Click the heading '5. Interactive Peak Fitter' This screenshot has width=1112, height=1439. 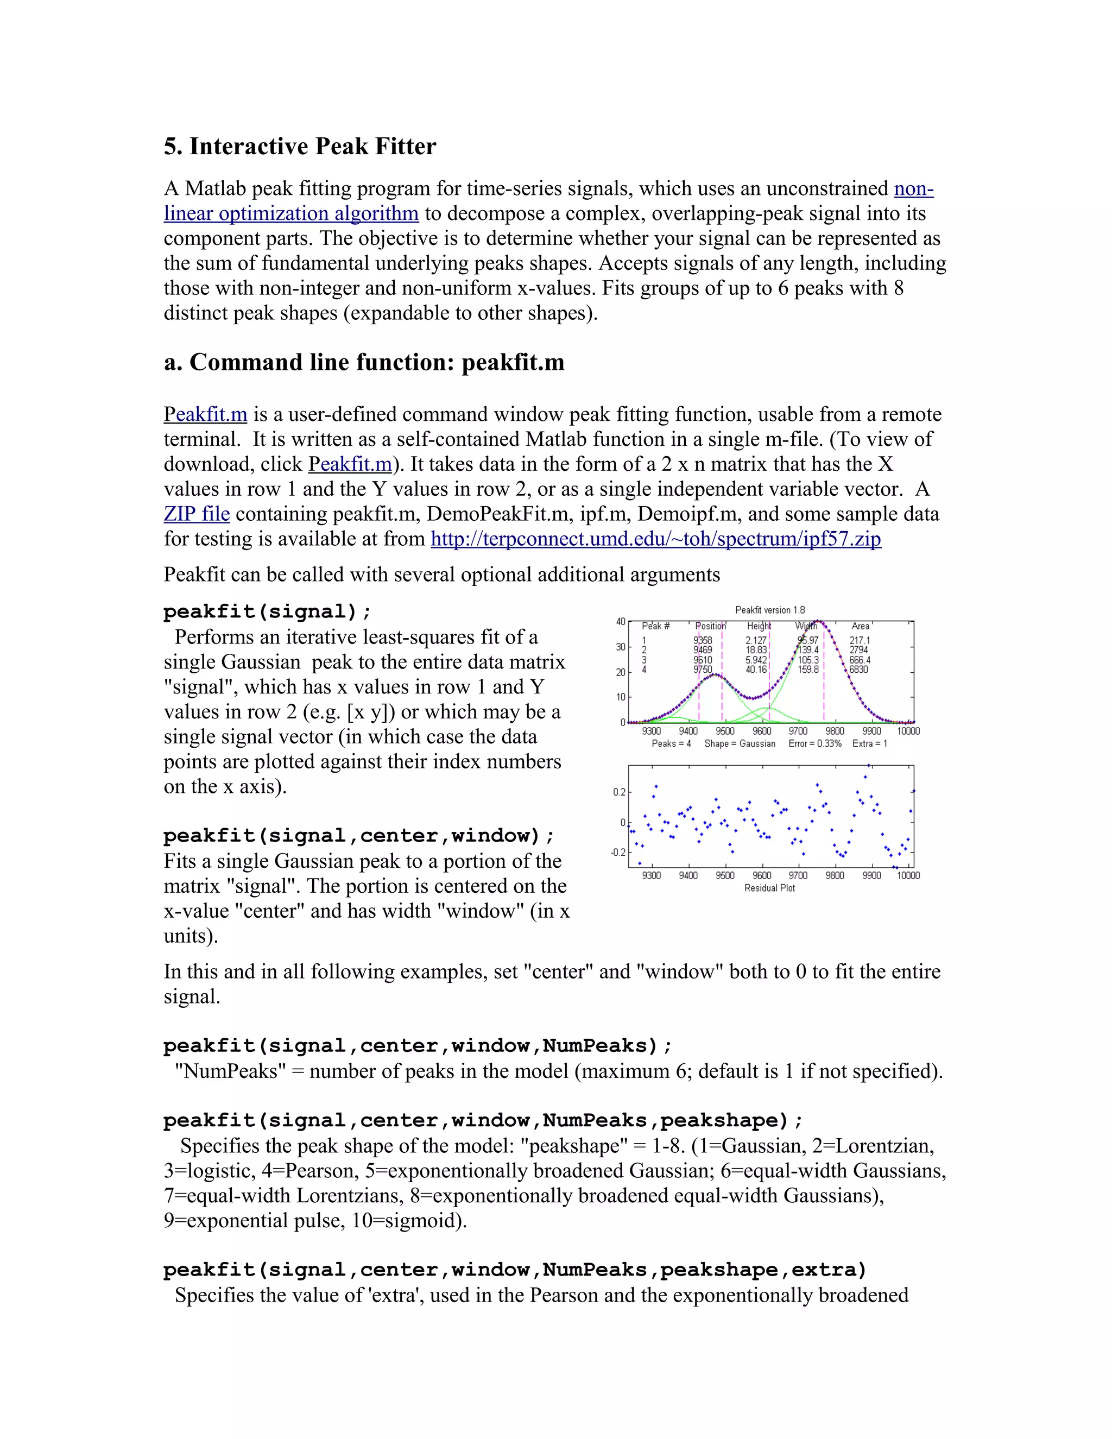[x=300, y=146]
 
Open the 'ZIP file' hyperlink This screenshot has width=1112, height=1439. [x=197, y=514]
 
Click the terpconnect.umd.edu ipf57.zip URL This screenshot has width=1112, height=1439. [x=655, y=539]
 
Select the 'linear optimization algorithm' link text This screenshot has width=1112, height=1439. [x=291, y=213]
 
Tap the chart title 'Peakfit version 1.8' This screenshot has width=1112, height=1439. [x=769, y=610]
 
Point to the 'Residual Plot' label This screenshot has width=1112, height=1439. [x=769, y=888]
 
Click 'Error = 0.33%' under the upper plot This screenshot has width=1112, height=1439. [x=815, y=744]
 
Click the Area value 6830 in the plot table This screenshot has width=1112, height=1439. [x=858, y=670]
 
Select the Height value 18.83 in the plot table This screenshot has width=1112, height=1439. [x=756, y=649]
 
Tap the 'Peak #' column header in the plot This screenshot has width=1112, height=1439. [x=655, y=626]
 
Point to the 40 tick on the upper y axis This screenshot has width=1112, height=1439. [x=621, y=621]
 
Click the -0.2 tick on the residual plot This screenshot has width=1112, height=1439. [x=617, y=853]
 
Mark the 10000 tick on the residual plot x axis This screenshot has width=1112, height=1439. [x=908, y=876]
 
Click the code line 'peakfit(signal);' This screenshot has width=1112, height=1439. [x=267, y=611]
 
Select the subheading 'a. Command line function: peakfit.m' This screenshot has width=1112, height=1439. [x=364, y=362]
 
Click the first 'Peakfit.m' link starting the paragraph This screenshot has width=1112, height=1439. [x=205, y=414]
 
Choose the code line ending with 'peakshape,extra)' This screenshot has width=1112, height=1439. [x=515, y=1270]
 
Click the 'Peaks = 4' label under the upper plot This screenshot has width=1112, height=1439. [x=671, y=744]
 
